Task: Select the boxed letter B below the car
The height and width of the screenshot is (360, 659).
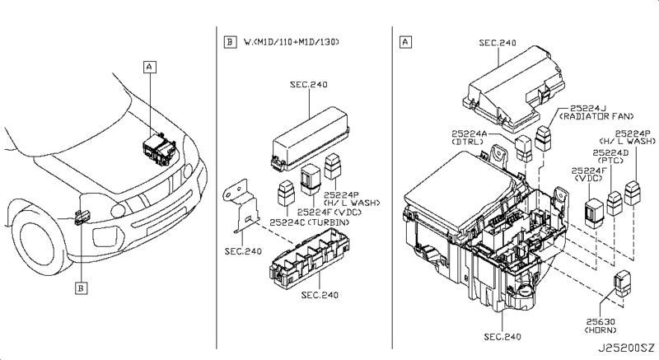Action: coord(82,288)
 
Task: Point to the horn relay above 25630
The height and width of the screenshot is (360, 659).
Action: coord(623,282)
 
